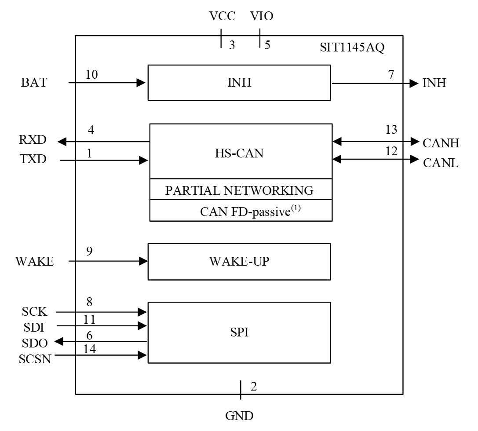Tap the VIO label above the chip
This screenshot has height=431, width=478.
point(262,17)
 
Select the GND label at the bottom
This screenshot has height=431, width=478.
point(239,416)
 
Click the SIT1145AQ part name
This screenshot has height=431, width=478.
point(352,48)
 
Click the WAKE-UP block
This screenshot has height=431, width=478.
point(239,261)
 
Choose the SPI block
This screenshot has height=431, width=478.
point(239,332)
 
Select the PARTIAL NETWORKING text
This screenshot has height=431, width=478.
point(239,190)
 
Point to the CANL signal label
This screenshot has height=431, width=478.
point(441,162)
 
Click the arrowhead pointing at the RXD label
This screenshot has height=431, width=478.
point(62,142)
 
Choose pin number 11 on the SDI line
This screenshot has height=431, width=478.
point(89,318)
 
